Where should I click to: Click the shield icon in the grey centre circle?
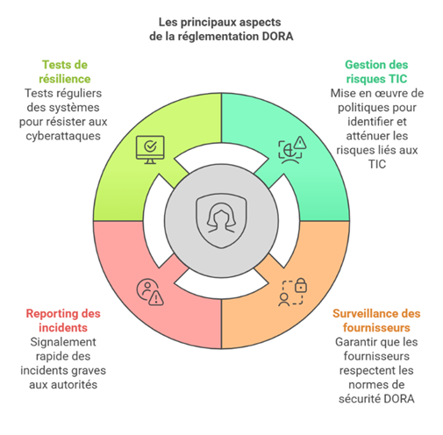(x=221, y=221)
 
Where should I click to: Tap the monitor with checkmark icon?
(x=150, y=150)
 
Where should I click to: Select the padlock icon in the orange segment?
(x=301, y=285)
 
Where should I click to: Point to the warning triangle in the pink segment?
(x=156, y=298)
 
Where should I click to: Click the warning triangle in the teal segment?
(x=300, y=143)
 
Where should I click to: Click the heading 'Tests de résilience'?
(x=65, y=72)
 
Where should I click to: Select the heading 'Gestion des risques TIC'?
(x=376, y=72)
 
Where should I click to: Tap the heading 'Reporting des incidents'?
(x=63, y=320)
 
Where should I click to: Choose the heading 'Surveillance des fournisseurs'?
(x=376, y=320)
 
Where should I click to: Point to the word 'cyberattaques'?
(x=63, y=136)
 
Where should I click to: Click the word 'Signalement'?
(x=63, y=342)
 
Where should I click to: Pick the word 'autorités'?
(x=77, y=384)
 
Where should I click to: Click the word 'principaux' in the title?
(x=205, y=23)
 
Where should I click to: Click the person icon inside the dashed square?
(x=283, y=300)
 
